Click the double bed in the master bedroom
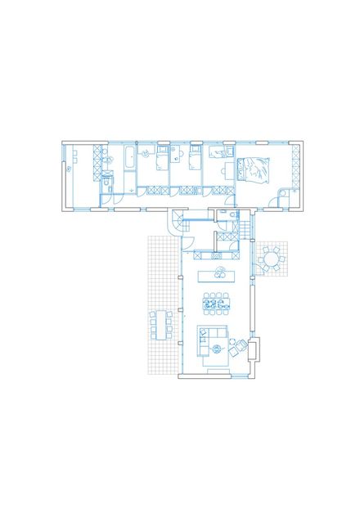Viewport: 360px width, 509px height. tap(254, 169)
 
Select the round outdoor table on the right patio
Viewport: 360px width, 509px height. tap(269, 260)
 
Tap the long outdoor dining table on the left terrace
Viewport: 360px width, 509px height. tap(158, 326)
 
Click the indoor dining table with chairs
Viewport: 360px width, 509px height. tap(217, 304)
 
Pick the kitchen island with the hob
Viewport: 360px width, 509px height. tap(219, 273)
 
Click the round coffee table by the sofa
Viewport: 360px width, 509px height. tap(217, 349)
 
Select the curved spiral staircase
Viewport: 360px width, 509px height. tap(178, 221)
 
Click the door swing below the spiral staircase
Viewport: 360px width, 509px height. tap(186, 240)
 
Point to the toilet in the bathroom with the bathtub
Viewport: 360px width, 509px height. tap(107, 174)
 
